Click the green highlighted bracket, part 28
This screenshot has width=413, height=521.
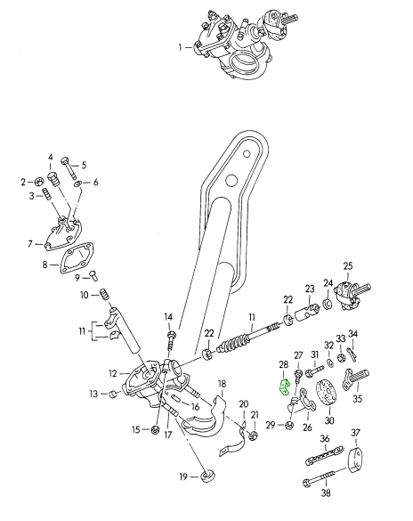(x=285, y=387)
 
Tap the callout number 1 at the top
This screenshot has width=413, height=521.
(x=181, y=48)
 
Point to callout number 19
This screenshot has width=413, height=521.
(x=183, y=477)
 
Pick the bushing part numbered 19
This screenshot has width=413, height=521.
(x=207, y=476)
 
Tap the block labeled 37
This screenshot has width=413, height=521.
(x=354, y=460)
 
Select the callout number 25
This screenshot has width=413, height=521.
(x=348, y=266)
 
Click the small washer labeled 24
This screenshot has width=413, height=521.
(x=328, y=304)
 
